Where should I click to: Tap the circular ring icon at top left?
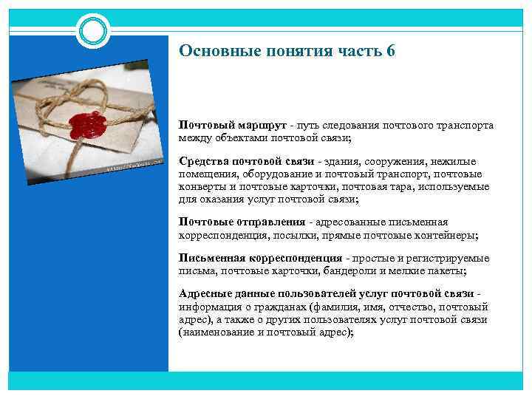click(x=94, y=31)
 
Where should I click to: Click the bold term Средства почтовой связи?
click(x=247, y=161)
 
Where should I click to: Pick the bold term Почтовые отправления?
click(x=242, y=222)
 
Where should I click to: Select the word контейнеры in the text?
click(x=449, y=234)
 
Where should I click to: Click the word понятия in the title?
click(x=288, y=51)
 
